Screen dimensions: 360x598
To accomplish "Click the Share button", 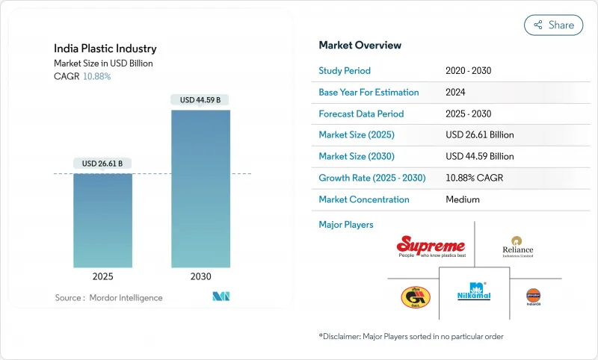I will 553,25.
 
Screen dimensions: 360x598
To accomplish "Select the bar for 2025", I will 102,220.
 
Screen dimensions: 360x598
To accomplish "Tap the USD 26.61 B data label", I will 102,164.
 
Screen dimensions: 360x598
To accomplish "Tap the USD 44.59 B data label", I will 200,100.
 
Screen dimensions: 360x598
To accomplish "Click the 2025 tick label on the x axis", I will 102,276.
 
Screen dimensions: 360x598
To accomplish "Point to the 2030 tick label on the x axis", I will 200,276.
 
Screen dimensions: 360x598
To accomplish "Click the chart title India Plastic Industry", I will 105,49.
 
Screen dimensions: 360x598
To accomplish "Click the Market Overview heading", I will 360,46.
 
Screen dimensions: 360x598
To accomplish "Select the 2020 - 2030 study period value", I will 468,71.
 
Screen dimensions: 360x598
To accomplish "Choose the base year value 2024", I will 457,93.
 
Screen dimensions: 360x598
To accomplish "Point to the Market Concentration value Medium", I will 462,199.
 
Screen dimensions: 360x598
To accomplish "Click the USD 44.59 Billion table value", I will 479,157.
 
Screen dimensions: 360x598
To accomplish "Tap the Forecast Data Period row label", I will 361,114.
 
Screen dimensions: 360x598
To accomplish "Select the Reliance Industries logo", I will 518,246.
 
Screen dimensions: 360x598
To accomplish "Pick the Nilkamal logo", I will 474,292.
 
